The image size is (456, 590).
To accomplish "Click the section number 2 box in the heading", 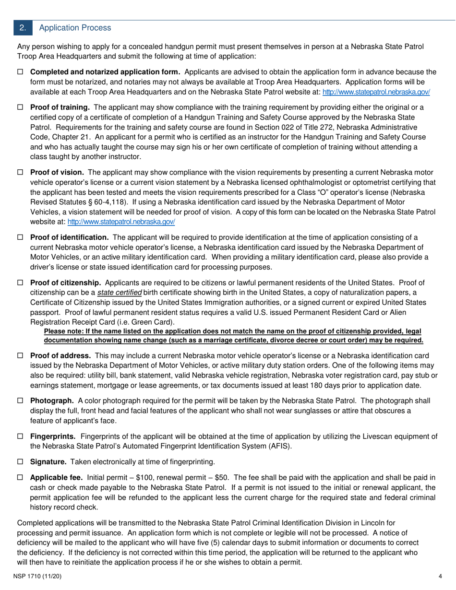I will (23, 28).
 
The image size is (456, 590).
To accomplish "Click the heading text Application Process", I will (75, 28).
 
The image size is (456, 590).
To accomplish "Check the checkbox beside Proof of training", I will (20, 107).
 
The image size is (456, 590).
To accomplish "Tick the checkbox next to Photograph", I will (20, 401).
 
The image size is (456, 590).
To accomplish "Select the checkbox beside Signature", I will (20, 461).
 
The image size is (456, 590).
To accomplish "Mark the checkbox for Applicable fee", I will (20, 477).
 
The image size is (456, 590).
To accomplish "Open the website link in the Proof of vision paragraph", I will (121, 222).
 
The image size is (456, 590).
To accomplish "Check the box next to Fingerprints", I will (20, 436).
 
